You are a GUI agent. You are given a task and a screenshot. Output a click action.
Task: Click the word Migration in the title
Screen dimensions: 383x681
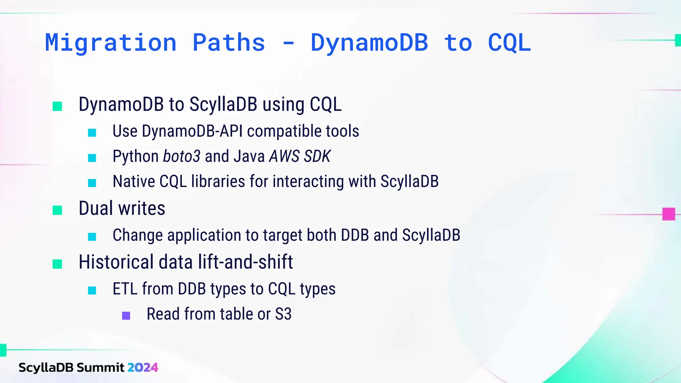(111, 43)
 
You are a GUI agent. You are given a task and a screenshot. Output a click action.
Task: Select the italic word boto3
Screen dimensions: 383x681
(182, 156)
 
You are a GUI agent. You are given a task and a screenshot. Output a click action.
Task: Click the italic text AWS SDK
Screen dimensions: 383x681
(300, 156)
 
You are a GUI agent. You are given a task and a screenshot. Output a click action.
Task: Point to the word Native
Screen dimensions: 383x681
(134, 182)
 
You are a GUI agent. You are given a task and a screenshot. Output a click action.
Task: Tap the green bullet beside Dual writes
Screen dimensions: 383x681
(57, 210)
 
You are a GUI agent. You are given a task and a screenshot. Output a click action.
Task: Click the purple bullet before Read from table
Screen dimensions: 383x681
(126, 316)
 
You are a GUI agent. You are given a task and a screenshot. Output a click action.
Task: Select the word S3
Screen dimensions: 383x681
(283, 314)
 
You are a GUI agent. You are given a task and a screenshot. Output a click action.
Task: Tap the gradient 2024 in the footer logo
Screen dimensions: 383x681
(142, 367)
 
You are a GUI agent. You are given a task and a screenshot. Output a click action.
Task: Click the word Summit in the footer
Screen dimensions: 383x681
(100, 367)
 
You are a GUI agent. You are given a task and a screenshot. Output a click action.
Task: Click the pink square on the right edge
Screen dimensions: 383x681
(668, 214)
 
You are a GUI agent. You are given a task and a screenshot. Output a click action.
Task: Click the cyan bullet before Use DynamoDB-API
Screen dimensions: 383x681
(92, 133)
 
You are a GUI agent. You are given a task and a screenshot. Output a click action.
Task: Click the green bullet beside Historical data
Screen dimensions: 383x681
(57, 264)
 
